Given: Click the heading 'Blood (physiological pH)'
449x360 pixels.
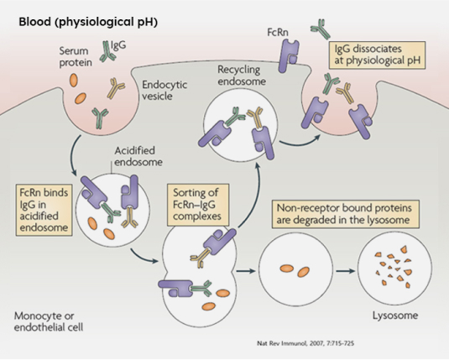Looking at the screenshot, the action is [88, 22].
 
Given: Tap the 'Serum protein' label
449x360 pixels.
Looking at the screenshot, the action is [76, 57].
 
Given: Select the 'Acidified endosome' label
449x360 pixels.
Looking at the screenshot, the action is [138, 156].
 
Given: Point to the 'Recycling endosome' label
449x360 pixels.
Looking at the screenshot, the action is [242, 76].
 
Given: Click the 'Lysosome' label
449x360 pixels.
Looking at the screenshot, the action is [395, 316].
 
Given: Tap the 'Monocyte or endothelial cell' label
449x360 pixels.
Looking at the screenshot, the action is [49, 321].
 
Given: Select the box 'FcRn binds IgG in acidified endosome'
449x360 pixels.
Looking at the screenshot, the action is [44, 210].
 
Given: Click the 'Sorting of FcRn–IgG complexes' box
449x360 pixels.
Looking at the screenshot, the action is [197, 205].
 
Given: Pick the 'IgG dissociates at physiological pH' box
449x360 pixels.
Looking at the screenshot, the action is [377, 55].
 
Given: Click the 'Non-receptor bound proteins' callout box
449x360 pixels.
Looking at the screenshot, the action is [346, 214].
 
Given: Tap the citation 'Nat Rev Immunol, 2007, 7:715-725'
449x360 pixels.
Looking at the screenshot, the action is [305, 343].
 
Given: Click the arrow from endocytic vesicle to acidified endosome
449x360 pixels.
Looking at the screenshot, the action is [71, 156].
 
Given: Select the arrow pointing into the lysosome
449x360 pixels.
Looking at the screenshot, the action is [345, 271].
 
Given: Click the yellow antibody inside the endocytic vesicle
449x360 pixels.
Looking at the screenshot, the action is [115, 87].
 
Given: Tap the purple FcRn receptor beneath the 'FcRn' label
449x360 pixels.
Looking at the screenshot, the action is [289, 55].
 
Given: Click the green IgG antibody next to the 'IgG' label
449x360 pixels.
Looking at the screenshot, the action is [107, 52].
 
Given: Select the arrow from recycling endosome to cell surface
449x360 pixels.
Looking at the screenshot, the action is [300, 142].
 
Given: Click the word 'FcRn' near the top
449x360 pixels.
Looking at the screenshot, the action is [278, 33].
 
